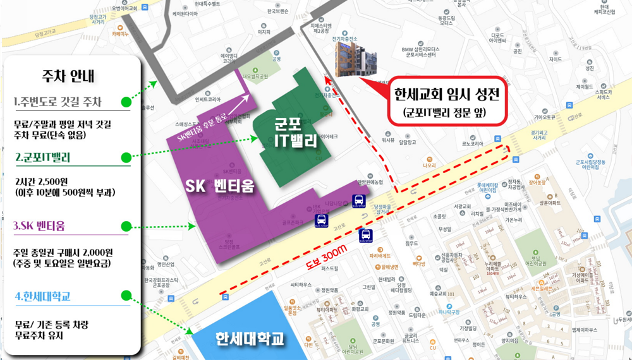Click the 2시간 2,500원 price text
coord(47,181)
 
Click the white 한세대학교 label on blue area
coord(250,338)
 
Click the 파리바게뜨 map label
coord(382,256)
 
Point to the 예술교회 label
coord(440,294)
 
